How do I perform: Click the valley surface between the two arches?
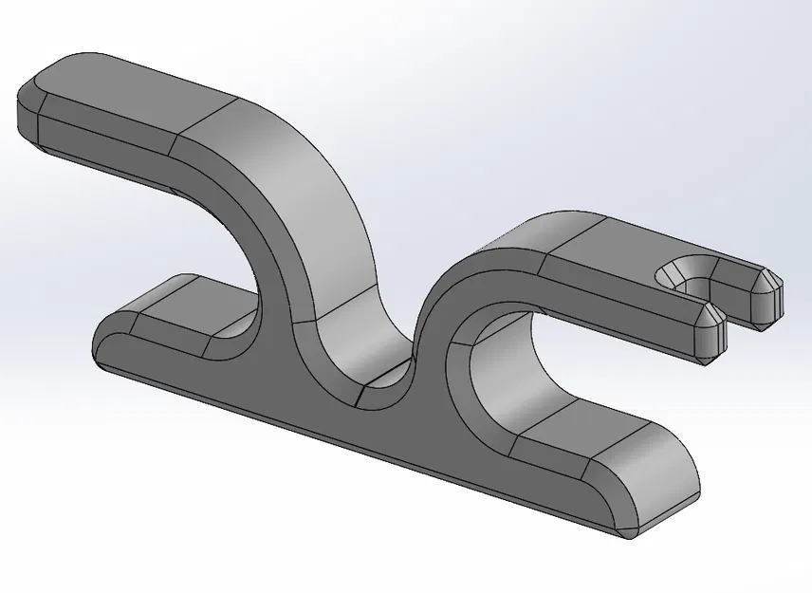384,356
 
